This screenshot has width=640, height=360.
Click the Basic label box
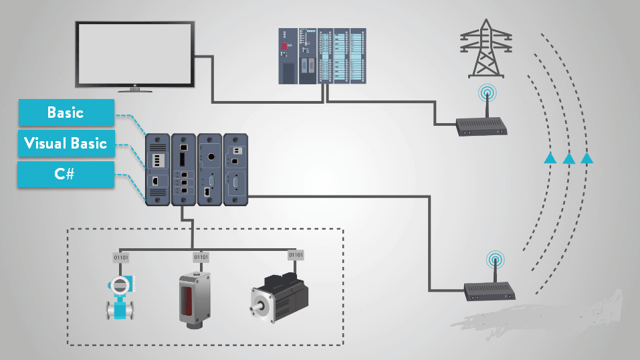(x=66, y=112)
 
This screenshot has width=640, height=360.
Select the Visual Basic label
(x=66, y=143)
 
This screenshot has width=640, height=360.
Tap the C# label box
(x=66, y=174)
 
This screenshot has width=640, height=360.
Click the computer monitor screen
(x=134, y=53)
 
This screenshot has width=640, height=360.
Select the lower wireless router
(x=492, y=290)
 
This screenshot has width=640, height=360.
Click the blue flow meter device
(x=120, y=295)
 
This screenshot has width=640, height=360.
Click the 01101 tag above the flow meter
(x=122, y=257)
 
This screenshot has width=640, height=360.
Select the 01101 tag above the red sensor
(x=201, y=256)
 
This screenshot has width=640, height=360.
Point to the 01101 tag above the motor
(x=295, y=255)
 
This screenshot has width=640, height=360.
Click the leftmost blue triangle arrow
(x=550, y=158)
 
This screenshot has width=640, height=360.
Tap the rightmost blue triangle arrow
(x=586, y=158)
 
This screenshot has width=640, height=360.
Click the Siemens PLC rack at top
(x=322, y=56)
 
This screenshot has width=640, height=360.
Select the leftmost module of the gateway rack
(x=157, y=168)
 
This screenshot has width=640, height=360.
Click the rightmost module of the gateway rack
(x=235, y=168)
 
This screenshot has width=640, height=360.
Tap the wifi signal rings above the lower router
(x=495, y=258)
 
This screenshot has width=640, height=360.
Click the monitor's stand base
(x=135, y=89)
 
